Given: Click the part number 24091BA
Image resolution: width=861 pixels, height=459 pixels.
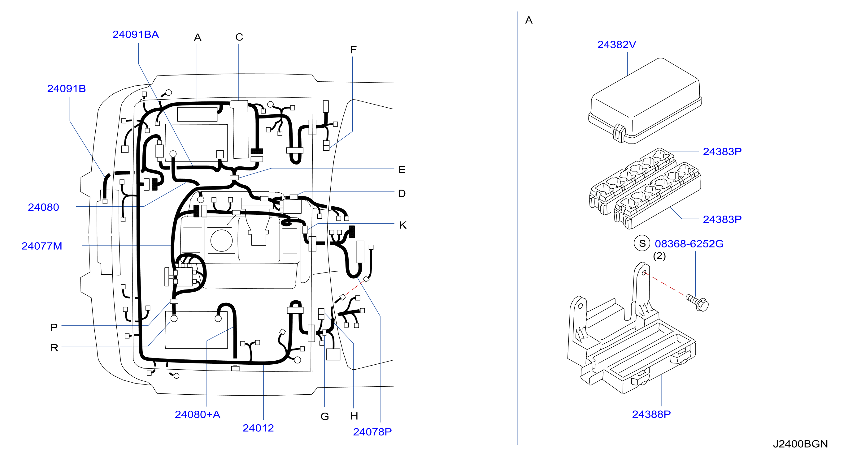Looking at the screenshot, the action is (135, 34).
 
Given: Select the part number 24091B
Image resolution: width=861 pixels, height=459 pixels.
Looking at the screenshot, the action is (66, 88).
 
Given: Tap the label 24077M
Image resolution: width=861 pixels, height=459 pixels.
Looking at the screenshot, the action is (42, 246).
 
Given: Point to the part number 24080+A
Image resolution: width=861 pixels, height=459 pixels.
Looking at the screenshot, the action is (197, 414).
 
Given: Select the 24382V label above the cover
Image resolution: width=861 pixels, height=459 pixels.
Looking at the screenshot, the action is (616, 45).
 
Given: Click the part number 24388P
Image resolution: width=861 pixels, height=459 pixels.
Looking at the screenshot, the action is (651, 414).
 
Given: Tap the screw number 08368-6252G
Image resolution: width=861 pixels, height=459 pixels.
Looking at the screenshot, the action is (689, 244).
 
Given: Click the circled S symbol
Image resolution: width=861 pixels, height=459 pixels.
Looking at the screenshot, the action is (642, 243).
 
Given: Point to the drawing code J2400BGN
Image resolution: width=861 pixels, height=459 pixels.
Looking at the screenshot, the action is (800, 444).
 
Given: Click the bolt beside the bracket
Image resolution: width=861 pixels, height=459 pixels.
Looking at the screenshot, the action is (697, 302).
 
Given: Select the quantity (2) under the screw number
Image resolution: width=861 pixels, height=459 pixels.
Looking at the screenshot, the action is (659, 256).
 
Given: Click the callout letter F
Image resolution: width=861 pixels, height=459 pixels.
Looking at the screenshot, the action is (353, 50).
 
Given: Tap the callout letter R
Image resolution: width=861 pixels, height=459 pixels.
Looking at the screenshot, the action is (54, 348).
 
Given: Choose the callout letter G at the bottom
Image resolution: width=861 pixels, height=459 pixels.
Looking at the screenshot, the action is (324, 416).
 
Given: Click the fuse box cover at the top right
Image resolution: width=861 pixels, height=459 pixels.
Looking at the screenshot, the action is (645, 101).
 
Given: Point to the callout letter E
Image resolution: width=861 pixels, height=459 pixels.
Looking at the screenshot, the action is (402, 169).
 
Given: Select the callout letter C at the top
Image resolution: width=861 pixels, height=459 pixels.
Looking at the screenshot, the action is (239, 37).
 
